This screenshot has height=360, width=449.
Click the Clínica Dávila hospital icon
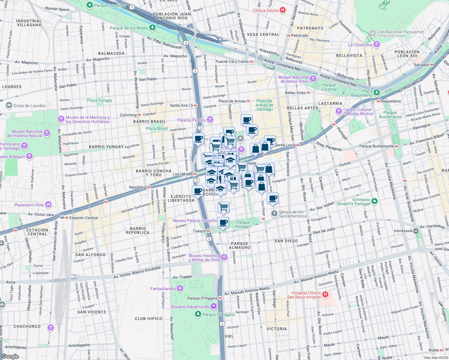pyautogui.click(x=282, y=10)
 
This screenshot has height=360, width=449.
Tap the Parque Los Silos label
pyautogui.click(x=110, y=5)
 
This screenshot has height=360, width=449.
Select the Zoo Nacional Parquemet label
pyautogui.click(x=400, y=32)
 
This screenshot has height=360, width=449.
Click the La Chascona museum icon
pyautogui.click(x=377, y=45)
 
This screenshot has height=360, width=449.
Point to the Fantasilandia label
pyautogui.click(x=163, y=289)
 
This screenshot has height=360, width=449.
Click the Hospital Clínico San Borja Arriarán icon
pyautogui.click(x=325, y=295)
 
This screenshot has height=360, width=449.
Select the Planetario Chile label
pyautogui.click(x=29, y=205)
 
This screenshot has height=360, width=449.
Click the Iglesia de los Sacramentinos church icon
pyautogui.click(x=274, y=214)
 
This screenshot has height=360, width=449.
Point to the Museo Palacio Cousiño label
pyautogui.click(x=195, y=220)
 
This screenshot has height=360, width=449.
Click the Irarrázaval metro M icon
pyautogui.click(x=416, y=231)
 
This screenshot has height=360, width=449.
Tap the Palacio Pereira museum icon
pyautogui.click(x=210, y=120)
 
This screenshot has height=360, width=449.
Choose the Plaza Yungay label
pyautogui.click(x=99, y=100)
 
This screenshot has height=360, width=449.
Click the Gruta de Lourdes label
pyautogui.click(x=29, y=106)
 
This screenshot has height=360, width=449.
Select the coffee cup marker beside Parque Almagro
pyautogui.click(x=223, y=223)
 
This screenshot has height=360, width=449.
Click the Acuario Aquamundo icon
pyautogui.click(x=213, y=306)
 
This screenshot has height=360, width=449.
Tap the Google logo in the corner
pyautogui.click(x=10, y=356)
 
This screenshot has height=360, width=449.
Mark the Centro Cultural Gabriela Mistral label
pyautogui.click(x=357, y=112)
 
